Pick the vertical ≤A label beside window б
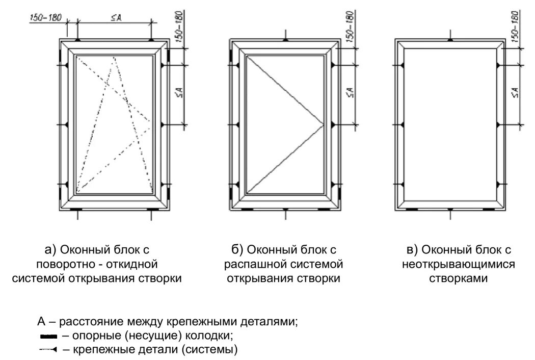(350, 93)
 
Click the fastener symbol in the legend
(48, 350)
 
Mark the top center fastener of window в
(450, 39)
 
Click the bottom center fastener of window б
(285, 210)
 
